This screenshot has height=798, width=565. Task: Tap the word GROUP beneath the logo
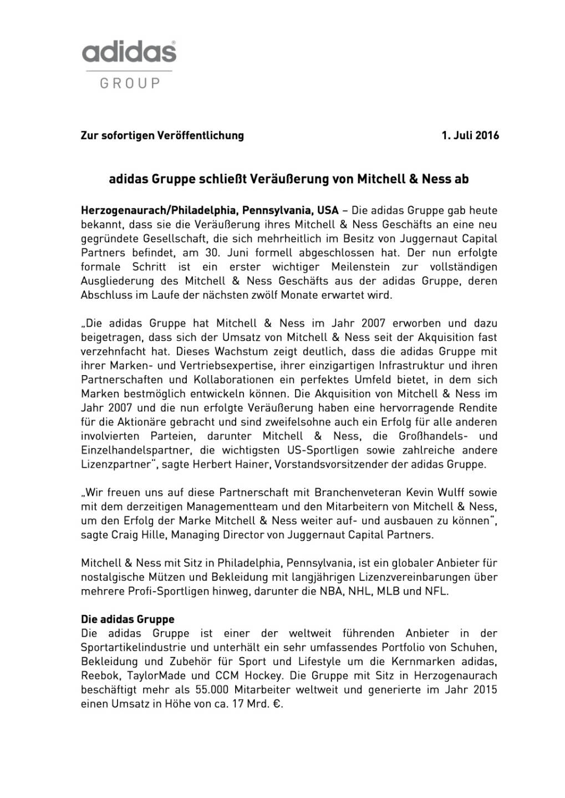[x=130, y=84]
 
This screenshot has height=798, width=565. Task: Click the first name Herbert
[x=210, y=464]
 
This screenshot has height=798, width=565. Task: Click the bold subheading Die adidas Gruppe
[x=128, y=619]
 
